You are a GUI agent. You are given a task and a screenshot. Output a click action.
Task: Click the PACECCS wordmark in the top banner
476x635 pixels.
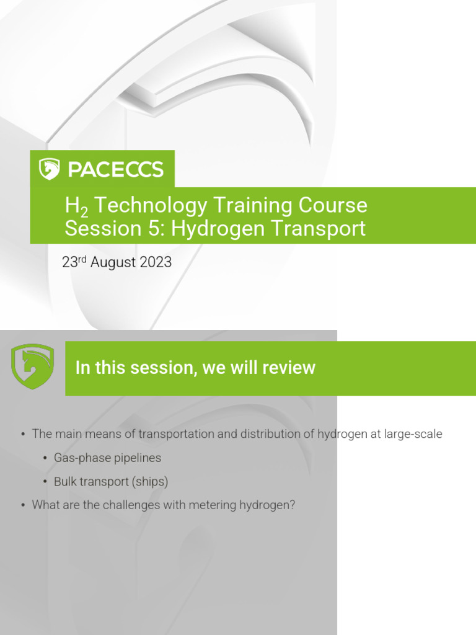pyautogui.click(x=115, y=169)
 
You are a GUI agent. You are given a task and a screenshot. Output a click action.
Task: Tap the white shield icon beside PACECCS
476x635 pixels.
pyautogui.click(x=49, y=169)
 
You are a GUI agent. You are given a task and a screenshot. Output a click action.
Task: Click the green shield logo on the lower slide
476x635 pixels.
pyautogui.click(x=33, y=366)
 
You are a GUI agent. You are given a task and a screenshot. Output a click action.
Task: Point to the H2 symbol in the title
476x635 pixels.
pyautogui.click(x=73, y=206)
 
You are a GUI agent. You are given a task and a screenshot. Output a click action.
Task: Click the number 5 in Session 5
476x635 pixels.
pyautogui.click(x=158, y=228)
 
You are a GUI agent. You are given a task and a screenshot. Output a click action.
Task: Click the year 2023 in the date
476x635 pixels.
pyautogui.click(x=156, y=262)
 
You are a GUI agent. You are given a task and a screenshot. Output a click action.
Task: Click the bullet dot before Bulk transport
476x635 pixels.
pyautogui.click(x=45, y=482)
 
